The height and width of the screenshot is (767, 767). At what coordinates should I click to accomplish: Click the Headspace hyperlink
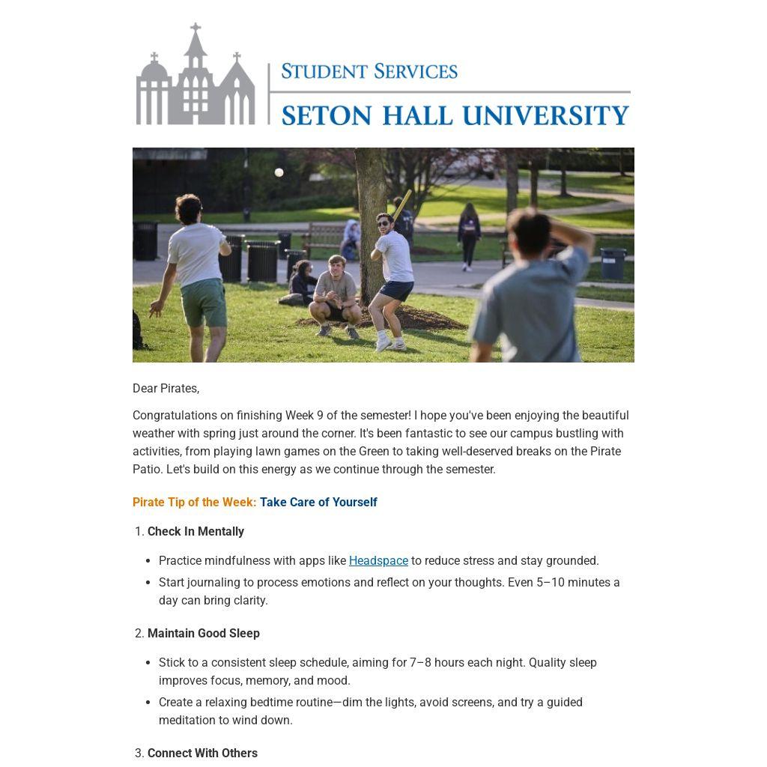click(x=378, y=560)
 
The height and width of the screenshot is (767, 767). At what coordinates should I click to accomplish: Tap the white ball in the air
click(x=279, y=172)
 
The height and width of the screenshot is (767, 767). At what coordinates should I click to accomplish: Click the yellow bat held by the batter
click(x=401, y=204)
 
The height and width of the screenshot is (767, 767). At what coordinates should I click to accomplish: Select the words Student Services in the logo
click(x=369, y=71)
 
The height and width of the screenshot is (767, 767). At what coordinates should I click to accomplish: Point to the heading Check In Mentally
click(x=195, y=531)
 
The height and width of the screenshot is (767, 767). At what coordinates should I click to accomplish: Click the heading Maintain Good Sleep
click(x=203, y=633)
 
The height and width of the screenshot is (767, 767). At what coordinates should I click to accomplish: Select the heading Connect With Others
click(x=202, y=753)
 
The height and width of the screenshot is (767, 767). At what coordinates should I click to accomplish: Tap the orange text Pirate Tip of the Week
click(x=194, y=502)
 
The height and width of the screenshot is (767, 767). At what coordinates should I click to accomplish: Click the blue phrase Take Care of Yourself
click(x=318, y=502)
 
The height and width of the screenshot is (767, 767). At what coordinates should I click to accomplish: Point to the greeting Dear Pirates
click(x=166, y=388)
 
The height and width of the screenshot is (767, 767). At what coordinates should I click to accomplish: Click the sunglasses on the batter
click(x=383, y=222)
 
